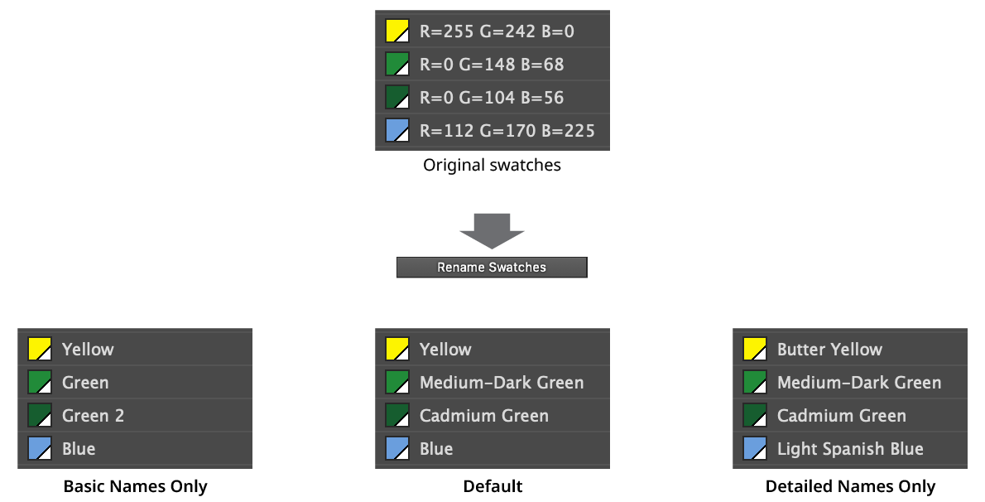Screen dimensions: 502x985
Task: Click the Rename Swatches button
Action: point(492,267)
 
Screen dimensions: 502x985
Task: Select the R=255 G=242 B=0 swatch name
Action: point(497,31)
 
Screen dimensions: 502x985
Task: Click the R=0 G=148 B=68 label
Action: point(492,65)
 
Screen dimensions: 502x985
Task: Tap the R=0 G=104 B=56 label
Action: point(492,98)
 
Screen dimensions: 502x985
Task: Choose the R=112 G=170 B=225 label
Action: point(507,131)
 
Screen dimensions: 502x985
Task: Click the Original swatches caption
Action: point(492,165)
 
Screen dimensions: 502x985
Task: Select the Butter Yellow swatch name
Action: point(829,350)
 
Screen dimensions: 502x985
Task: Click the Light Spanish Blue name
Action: point(850,449)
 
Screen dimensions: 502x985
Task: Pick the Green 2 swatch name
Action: point(93,416)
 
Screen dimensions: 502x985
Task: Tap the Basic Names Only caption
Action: point(135,486)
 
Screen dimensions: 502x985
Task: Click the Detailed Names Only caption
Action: point(850,486)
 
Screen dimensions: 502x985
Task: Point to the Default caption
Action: point(492,486)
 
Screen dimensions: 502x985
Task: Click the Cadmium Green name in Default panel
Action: point(483,416)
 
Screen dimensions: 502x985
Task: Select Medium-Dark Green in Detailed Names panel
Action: point(858,383)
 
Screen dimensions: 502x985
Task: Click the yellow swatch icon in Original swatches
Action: point(397,31)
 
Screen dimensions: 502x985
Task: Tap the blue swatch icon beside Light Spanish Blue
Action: point(755,449)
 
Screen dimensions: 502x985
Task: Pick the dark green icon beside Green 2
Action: point(40,416)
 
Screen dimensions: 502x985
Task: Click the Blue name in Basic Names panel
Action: point(79,449)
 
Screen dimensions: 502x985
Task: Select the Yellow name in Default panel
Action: point(444,350)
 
